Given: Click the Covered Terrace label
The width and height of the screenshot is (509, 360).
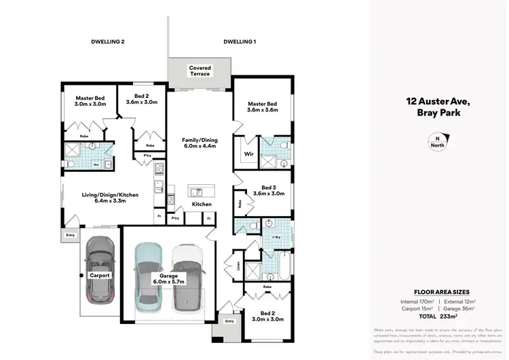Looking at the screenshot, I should click(x=200, y=71).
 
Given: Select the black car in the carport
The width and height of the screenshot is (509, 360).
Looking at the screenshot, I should click(x=100, y=270).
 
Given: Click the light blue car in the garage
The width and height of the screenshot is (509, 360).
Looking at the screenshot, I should click(x=149, y=272).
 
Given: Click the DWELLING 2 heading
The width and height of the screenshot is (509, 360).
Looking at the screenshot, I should click(x=108, y=42).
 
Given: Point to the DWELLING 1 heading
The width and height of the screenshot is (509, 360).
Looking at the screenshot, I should click(x=240, y=42).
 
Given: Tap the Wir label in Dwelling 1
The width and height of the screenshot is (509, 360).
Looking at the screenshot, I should click(x=248, y=154).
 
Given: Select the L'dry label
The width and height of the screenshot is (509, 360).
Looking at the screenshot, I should click(x=276, y=236).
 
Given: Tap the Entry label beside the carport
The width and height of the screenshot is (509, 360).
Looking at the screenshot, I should click(x=70, y=236).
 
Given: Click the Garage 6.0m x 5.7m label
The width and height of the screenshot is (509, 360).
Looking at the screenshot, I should click(x=169, y=280).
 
